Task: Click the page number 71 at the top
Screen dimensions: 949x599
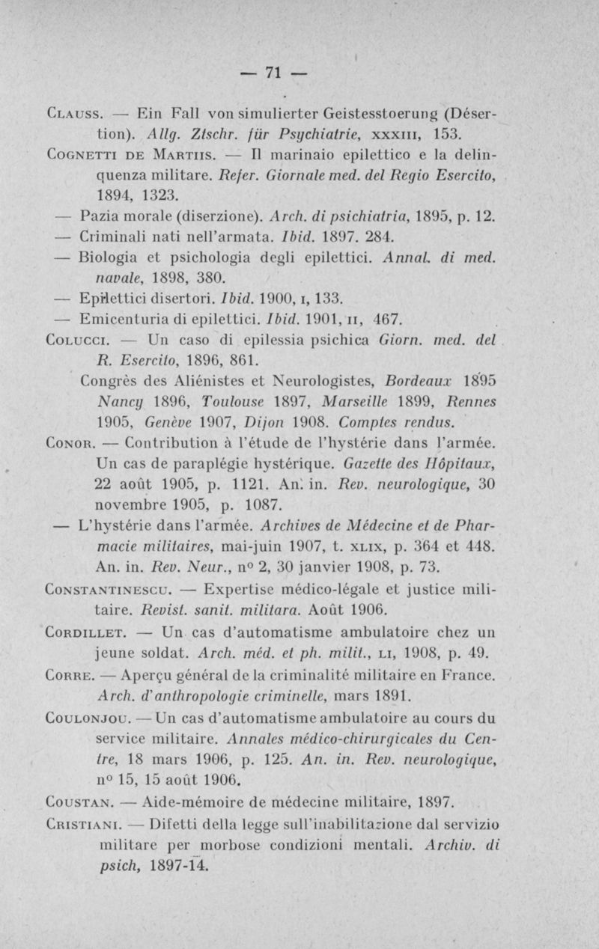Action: (x=273, y=73)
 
